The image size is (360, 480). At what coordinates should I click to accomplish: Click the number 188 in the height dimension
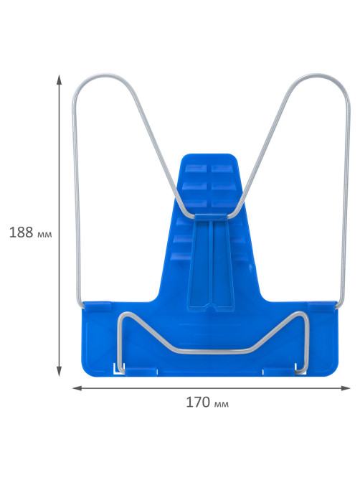[x=21, y=232]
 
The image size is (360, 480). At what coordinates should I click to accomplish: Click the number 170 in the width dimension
[x=198, y=403]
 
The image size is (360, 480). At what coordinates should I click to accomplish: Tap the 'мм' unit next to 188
[x=44, y=235]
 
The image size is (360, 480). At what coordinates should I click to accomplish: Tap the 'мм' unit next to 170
[x=221, y=405]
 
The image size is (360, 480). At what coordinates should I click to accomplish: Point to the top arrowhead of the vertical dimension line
[x=59, y=80]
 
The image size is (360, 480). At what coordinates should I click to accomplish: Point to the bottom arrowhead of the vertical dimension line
[x=59, y=372]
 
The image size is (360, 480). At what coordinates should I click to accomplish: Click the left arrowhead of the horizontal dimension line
[x=77, y=388]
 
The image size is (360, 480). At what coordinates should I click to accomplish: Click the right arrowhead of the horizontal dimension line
[x=346, y=388]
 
